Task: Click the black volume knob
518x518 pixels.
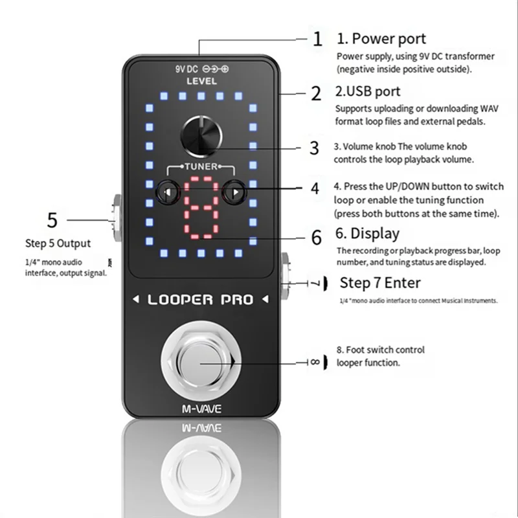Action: pos(201,135)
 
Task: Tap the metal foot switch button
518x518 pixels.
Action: pos(200,363)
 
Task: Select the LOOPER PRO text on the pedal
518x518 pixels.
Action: pos(200,300)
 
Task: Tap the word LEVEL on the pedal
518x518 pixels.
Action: pos(201,82)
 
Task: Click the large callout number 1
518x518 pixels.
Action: pos(317,39)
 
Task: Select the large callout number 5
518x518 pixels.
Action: pos(52,220)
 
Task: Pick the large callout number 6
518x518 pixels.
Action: pos(316,238)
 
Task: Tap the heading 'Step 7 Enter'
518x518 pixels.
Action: pos(380,283)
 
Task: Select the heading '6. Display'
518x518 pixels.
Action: pos(366,233)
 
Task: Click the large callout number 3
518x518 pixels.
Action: pos(314,148)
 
